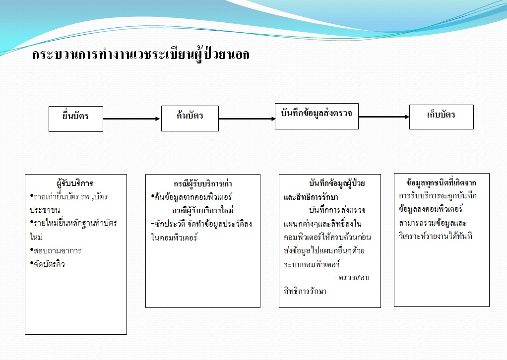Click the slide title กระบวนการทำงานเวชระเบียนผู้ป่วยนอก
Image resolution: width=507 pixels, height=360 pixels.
141,55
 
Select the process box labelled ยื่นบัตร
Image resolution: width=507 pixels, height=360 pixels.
76,118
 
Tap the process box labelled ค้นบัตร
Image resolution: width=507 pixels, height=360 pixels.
190,118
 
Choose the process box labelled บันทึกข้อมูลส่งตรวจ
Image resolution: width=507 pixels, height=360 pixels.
317,116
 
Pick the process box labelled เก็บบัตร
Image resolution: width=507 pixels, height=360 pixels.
441,117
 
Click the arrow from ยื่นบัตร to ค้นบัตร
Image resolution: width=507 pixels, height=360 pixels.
132,119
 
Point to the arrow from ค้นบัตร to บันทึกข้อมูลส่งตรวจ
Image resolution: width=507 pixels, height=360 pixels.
247,119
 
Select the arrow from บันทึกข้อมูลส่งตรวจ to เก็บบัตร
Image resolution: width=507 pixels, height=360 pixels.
383,117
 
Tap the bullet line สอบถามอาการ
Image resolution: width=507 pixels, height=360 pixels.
57,250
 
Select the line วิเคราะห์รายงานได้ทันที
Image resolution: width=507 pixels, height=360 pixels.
435,236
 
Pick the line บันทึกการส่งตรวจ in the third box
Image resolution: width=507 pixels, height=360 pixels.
336,210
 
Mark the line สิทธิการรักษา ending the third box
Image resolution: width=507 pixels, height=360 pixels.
302,291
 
